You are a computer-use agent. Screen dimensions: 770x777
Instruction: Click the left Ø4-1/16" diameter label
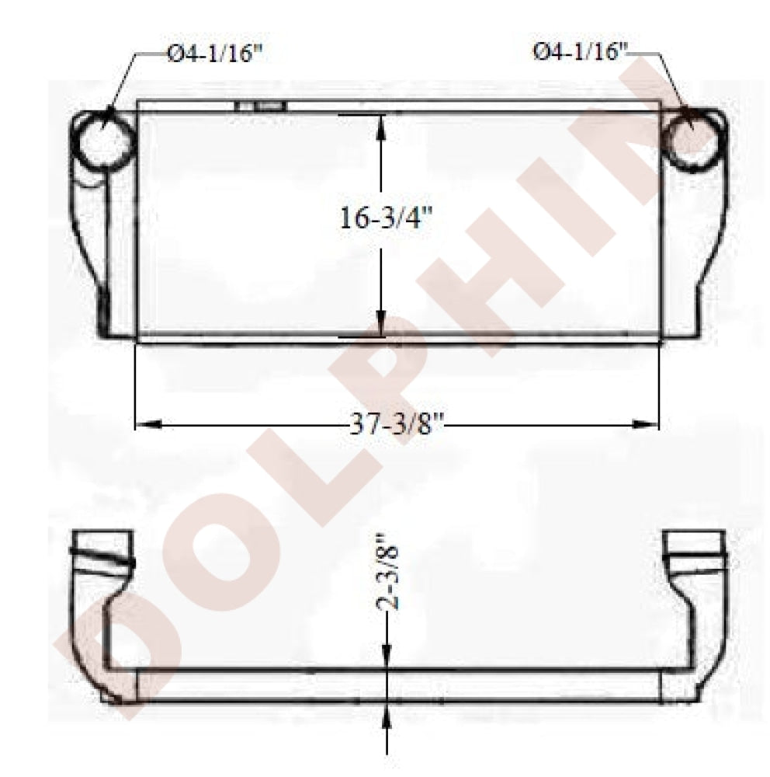click(214, 53)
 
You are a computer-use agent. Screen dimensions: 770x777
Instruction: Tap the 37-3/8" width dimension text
click(396, 424)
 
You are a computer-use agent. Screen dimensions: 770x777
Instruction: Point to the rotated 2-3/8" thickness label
click(387, 570)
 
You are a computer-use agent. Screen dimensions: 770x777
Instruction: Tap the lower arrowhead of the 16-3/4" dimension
click(381, 324)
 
